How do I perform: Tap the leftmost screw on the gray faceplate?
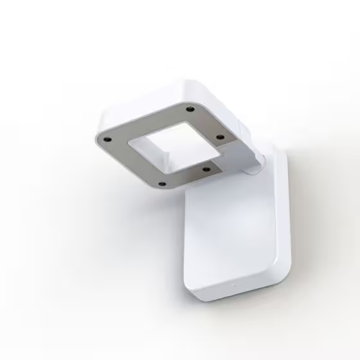coord(108,139)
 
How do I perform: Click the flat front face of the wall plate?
coord(225,238)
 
